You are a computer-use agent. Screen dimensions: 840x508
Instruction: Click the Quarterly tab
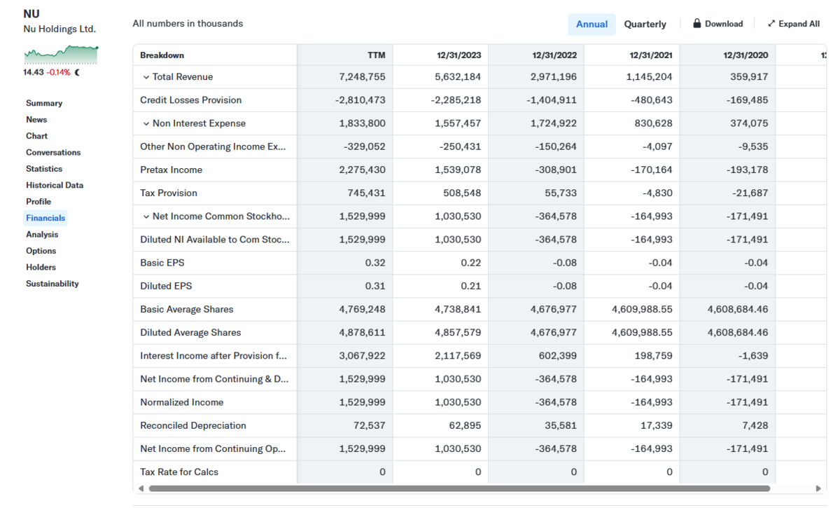(645, 25)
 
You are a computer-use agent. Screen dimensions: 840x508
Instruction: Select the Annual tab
(591, 25)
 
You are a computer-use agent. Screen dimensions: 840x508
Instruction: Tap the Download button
(717, 24)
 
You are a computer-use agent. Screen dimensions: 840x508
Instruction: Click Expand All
(794, 24)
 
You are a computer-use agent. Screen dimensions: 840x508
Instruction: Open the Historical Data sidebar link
(55, 185)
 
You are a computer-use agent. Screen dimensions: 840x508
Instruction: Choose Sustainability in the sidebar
(52, 284)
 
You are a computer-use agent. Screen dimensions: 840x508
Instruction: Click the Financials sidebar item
(45, 218)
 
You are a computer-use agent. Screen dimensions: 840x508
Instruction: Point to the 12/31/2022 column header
(554, 55)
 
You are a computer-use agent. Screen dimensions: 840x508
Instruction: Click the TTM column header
(376, 55)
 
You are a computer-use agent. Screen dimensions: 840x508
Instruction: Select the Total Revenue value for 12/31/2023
(458, 76)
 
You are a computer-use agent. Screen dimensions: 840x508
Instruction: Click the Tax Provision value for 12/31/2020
(750, 193)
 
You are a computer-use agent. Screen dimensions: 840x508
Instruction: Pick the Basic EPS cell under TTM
(375, 263)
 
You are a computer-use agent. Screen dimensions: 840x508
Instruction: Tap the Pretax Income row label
(171, 170)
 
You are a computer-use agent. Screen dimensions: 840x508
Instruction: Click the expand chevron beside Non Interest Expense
(146, 123)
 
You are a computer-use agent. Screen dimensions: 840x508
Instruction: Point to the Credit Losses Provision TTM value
(360, 100)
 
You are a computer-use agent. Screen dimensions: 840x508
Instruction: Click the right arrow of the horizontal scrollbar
(818, 488)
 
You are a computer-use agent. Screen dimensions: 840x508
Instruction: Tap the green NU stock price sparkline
(61, 55)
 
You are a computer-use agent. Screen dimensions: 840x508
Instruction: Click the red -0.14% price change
(59, 72)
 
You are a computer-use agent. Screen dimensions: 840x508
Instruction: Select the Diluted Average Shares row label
(190, 333)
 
